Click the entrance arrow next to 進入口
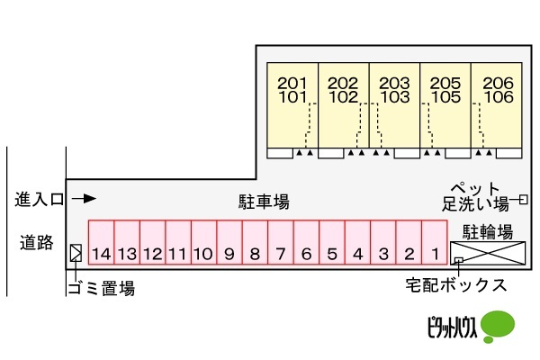click(84, 199)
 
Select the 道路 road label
click(37, 241)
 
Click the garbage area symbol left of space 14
click(76, 254)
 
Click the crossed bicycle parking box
click(487, 253)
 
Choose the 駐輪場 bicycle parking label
click(487, 230)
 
